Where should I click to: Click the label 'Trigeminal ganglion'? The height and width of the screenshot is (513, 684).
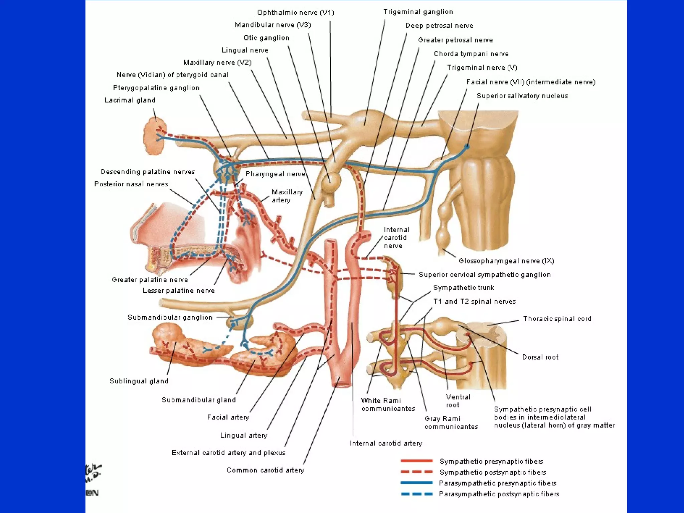pos(418,12)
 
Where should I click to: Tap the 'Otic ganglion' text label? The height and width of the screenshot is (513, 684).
pos(266,38)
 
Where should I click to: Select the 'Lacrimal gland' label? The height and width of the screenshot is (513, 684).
pos(130,100)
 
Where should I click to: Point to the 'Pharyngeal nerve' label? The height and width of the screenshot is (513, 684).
pos(275,174)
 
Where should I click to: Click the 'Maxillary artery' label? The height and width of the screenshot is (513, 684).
pos(287,196)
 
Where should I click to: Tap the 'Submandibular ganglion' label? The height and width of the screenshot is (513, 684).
pos(170,317)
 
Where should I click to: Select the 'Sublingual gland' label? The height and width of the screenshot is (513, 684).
pos(139,381)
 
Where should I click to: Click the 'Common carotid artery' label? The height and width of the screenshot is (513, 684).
pos(266,470)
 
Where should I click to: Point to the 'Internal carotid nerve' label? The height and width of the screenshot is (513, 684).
pos(396,238)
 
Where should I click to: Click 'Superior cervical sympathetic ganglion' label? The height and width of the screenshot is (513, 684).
pos(484,275)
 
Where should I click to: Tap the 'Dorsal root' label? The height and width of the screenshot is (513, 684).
pos(540,357)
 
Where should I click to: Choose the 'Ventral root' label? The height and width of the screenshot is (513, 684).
pos(458,401)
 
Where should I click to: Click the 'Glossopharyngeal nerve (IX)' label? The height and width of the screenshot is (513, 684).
pos(506,261)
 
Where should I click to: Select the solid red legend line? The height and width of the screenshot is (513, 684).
pos(416,461)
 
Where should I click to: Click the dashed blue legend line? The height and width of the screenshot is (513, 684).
pos(416,494)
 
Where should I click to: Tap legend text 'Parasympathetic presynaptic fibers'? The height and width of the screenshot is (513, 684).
pos(497,483)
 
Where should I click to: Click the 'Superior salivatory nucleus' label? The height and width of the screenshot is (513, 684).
pos(522,96)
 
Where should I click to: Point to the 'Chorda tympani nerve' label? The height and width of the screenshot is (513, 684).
pos(471,54)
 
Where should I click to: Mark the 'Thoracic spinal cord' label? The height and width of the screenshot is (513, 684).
pos(557,319)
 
